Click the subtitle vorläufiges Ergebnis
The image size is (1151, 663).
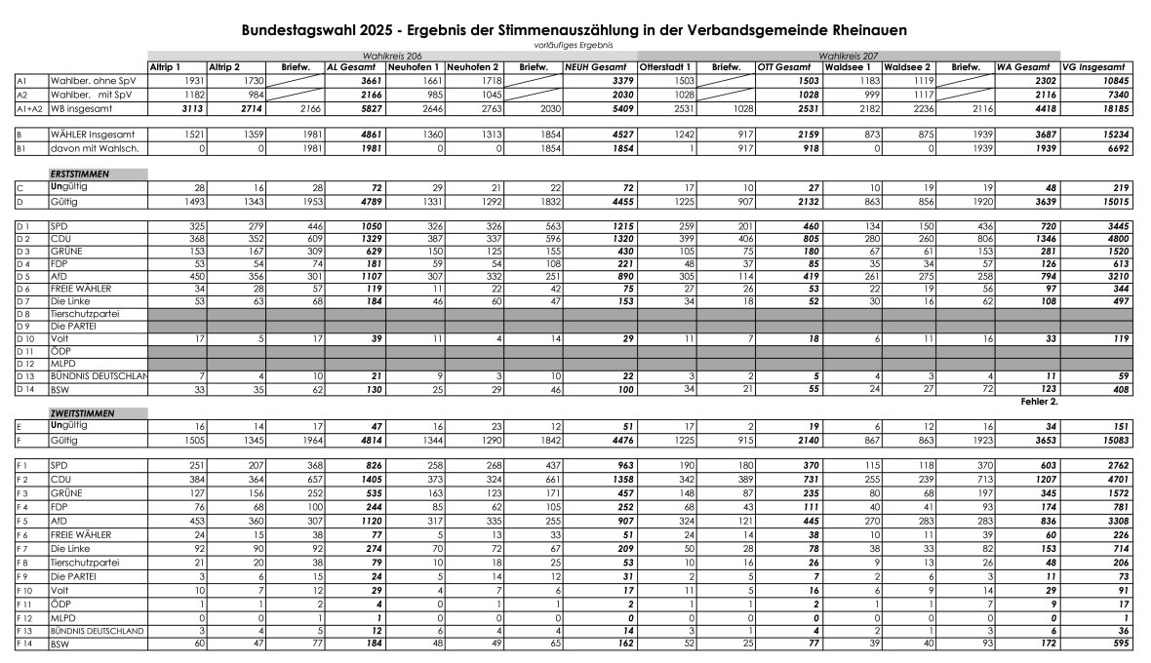pos(574,45)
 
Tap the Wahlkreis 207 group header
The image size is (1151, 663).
pos(849,57)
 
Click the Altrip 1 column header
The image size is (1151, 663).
pos(165,66)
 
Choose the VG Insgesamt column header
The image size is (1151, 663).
pos(1097,66)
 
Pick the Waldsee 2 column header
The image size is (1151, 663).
pos(907,66)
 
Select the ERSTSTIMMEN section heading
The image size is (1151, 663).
pos(80,174)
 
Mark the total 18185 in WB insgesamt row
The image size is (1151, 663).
pos(1115,109)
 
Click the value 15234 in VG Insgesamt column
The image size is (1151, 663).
pos(1115,134)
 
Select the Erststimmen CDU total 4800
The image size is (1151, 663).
pos(1117,239)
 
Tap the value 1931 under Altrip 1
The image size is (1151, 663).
pos(193,80)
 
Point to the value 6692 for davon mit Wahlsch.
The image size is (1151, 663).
pos(1119,148)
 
